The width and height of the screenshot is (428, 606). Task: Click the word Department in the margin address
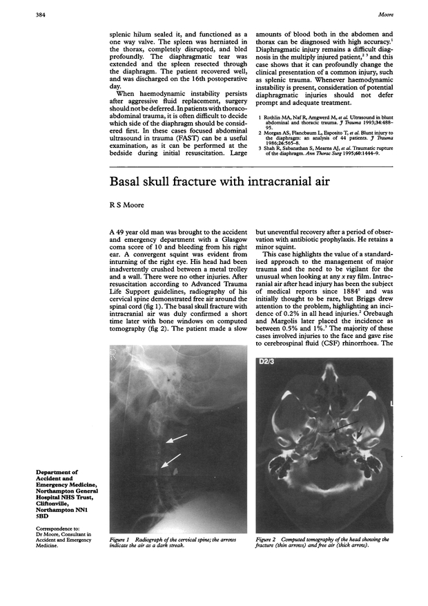pos(57,471)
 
